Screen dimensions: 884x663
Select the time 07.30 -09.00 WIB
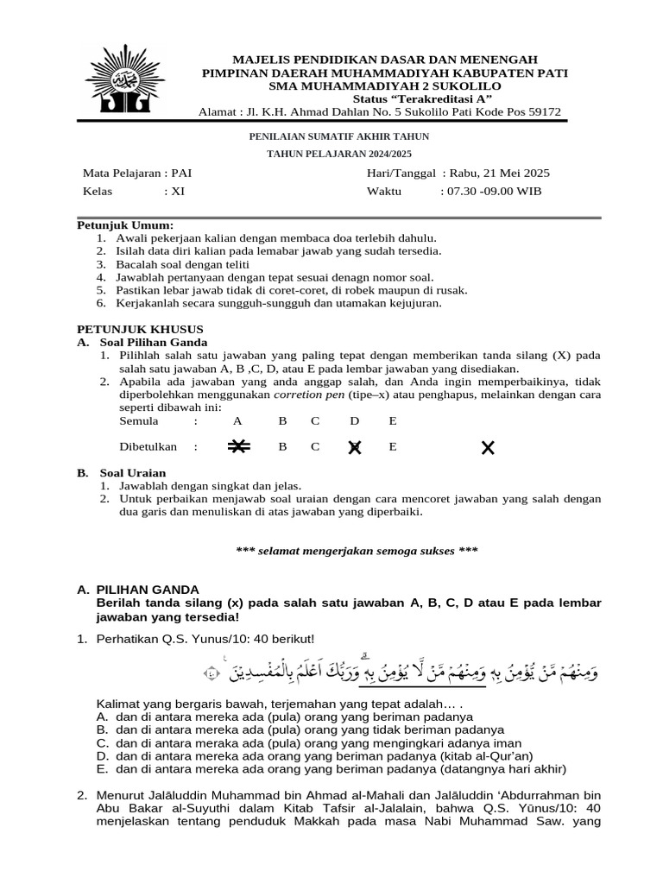pyautogui.click(x=491, y=192)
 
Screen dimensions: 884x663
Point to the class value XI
pyautogui.click(x=177, y=192)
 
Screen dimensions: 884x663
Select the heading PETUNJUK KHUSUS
pyautogui.click(x=140, y=329)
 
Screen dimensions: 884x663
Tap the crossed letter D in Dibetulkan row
pyautogui.click(x=354, y=447)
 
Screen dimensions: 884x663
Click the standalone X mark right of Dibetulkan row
pyautogui.click(x=488, y=447)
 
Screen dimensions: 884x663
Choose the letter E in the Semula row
pyautogui.click(x=393, y=420)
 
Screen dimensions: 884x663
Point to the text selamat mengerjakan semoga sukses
pyautogui.click(x=357, y=550)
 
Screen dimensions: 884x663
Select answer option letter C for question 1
pyautogui.click(x=102, y=742)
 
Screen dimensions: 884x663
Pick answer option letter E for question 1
pyautogui.click(x=102, y=768)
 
